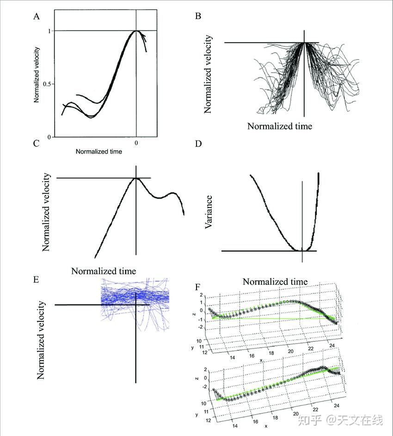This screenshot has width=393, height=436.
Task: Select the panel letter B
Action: [x=198, y=17]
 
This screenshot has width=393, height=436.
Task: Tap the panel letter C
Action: [x=36, y=143]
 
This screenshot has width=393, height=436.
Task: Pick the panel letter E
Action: [x=36, y=279]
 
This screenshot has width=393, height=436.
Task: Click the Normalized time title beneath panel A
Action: [x=98, y=151]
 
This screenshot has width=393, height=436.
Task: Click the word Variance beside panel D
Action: [x=209, y=212]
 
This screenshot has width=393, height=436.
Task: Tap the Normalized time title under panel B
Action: [x=279, y=126]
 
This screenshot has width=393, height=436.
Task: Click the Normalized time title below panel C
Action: [x=104, y=271]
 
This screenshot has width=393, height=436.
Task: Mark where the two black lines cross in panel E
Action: [x=135, y=305]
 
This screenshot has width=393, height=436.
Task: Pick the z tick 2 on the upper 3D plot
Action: [x=202, y=295]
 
